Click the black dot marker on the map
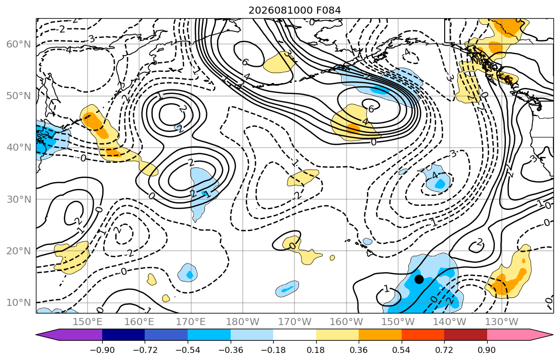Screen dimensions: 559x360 click(419, 279)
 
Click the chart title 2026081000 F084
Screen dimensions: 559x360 click(294, 10)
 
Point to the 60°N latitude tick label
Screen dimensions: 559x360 click(19, 44)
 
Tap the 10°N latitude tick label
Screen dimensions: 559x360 click(19, 303)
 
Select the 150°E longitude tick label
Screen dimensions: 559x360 click(88, 322)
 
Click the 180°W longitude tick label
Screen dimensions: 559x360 click(243, 322)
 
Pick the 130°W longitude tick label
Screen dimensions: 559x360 click(502, 322)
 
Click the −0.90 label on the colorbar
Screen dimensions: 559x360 click(102, 350)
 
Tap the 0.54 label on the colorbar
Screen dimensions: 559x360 click(402, 350)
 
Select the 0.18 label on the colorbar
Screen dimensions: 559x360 click(316, 350)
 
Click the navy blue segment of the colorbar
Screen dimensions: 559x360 click(123, 335)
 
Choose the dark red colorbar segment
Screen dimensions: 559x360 click(465, 335)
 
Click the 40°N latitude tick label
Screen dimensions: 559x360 click(19, 148)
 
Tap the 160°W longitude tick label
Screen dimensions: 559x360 click(347, 322)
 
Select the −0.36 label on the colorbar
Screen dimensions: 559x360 click(230, 350)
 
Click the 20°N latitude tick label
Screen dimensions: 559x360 click(19, 251)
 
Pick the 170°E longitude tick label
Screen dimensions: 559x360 click(191, 322)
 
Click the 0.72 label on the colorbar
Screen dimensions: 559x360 click(444, 350)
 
